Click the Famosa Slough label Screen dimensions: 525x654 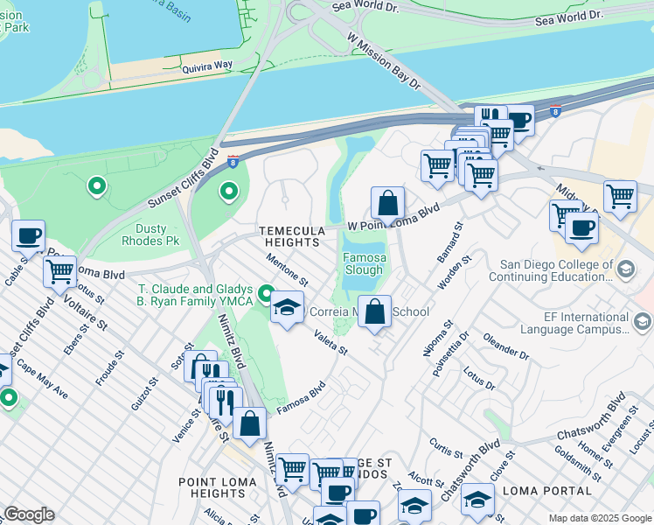click(x=363, y=264)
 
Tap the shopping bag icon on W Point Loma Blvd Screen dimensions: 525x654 click(x=387, y=203)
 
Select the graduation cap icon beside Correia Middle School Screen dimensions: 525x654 click(x=286, y=307)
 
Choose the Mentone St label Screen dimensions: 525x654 click(x=288, y=269)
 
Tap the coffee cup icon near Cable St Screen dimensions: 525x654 click(x=28, y=235)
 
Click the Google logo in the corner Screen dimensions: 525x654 click(x=29, y=514)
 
